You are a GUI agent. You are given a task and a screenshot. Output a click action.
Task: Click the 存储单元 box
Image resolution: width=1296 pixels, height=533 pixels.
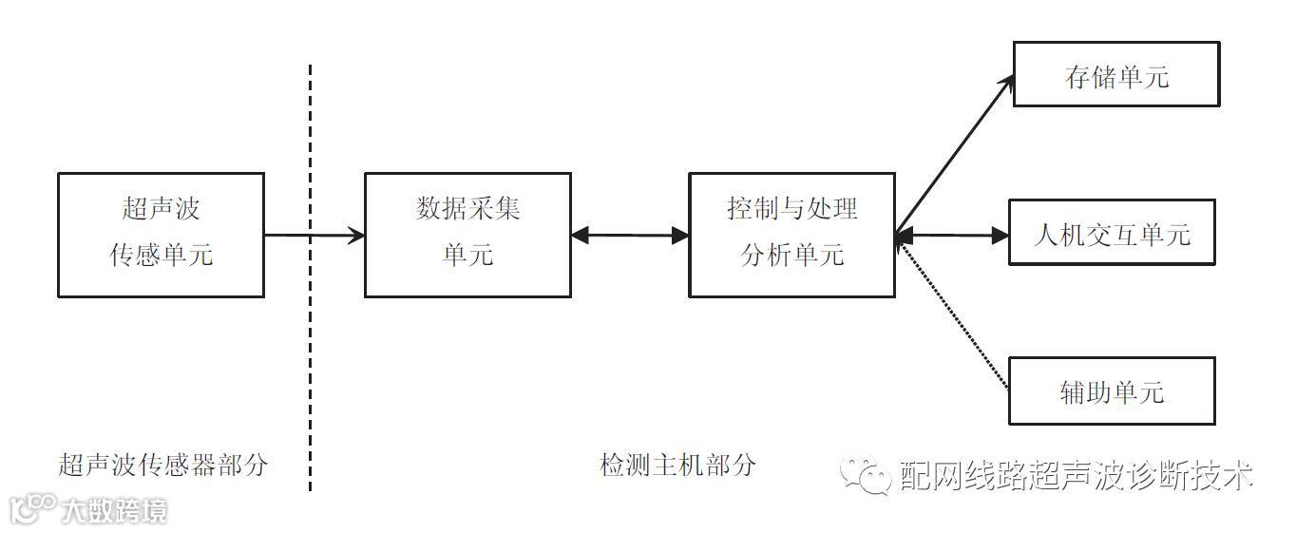[x=1115, y=74]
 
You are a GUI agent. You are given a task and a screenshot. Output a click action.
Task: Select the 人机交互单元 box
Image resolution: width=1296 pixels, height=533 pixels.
[x=1111, y=233]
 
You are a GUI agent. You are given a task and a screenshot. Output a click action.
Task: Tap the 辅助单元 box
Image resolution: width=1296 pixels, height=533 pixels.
[x=1111, y=390]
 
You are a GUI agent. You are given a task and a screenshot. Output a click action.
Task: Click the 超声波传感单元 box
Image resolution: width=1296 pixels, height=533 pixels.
[x=161, y=235]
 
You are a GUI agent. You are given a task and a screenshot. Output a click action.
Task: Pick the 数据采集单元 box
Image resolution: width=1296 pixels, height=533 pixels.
[x=467, y=235]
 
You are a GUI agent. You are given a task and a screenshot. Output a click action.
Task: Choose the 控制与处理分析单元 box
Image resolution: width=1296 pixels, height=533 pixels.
[x=791, y=235]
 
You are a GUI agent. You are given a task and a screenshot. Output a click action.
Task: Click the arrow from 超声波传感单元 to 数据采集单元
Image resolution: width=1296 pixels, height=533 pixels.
[x=314, y=235]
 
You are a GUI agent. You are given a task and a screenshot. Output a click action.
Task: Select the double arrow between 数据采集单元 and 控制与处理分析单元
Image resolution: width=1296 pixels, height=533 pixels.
[x=630, y=235]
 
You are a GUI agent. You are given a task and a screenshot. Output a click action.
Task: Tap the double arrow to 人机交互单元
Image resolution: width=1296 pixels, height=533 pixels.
[x=951, y=235]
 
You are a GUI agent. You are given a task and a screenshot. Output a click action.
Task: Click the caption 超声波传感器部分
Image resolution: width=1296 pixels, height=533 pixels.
[x=163, y=466]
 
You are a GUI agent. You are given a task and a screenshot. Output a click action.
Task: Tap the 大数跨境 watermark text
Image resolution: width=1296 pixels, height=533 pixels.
[x=114, y=512]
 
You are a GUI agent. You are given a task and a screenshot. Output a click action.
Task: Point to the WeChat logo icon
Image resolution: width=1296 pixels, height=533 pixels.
[x=863, y=476]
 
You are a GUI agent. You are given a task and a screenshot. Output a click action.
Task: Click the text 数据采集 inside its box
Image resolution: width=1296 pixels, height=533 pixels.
[x=467, y=209]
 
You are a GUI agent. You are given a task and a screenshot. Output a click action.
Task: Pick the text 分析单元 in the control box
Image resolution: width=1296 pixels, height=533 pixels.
[x=791, y=256]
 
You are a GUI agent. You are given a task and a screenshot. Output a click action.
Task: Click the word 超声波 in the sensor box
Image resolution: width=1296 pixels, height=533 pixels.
[x=161, y=209]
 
